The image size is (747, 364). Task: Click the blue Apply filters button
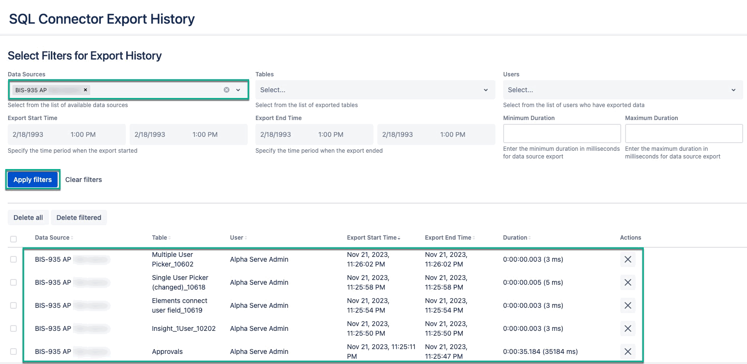point(33,180)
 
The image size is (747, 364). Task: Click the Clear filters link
point(84,180)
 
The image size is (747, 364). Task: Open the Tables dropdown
point(375,90)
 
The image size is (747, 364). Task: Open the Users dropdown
point(623,90)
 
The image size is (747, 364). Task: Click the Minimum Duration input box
point(562,133)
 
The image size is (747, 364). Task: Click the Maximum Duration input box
point(684,133)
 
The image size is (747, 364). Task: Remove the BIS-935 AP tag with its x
point(85,90)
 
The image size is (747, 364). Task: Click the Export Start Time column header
point(372,238)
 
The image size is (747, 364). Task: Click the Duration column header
point(515,238)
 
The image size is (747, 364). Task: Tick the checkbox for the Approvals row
point(13,352)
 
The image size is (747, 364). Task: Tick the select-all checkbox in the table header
point(13,239)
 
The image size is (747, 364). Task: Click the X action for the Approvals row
point(627,352)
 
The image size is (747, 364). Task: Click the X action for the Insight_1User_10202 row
point(627,328)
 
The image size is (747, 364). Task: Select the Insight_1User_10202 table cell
point(183,328)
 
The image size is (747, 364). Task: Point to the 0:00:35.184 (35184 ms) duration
point(540,352)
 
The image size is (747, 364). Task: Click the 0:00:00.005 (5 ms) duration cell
point(533,282)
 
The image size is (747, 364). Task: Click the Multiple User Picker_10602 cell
point(173,259)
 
